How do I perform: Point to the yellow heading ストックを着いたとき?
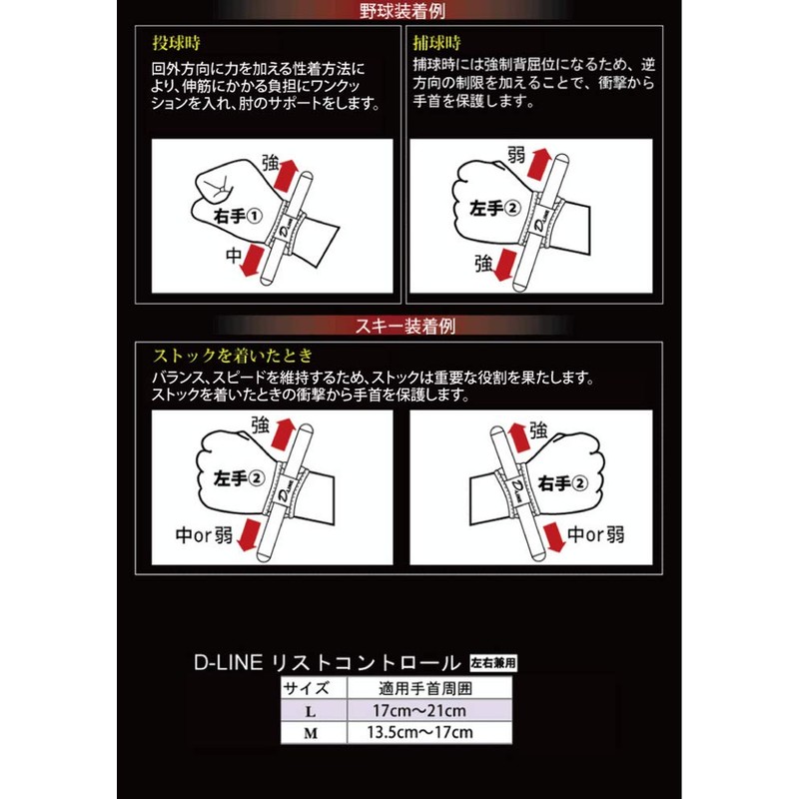232,355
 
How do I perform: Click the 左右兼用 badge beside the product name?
496,661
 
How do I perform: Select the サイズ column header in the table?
314,688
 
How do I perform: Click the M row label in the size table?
314,732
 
